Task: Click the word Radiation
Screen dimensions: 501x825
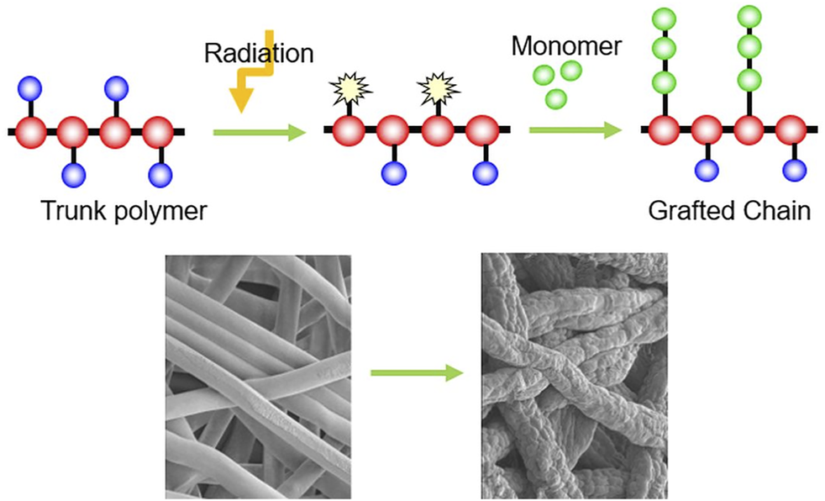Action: pyautogui.click(x=258, y=53)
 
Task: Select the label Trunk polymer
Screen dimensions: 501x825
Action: pyautogui.click(x=123, y=210)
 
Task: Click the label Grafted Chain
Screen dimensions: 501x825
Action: pyautogui.click(x=729, y=210)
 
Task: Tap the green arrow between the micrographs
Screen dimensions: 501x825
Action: pyautogui.click(x=417, y=372)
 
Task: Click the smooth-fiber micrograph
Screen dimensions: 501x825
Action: pyautogui.click(x=258, y=377)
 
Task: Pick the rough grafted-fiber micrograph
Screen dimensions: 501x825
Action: pyautogui.click(x=574, y=377)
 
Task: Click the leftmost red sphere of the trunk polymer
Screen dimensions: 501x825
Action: pyautogui.click(x=32, y=132)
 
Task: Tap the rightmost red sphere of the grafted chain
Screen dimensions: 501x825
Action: pyautogui.click(x=791, y=130)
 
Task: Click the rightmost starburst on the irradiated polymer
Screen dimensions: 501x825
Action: pyautogui.click(x=438, y=86)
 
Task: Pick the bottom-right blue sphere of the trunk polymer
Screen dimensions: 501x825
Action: pyautogui.click(x=160, y=175)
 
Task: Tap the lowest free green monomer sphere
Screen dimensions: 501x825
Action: pyautogui.click(x=555, y=98)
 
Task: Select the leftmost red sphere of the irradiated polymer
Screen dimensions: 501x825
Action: pyautogui.click(x=348, y=132)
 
